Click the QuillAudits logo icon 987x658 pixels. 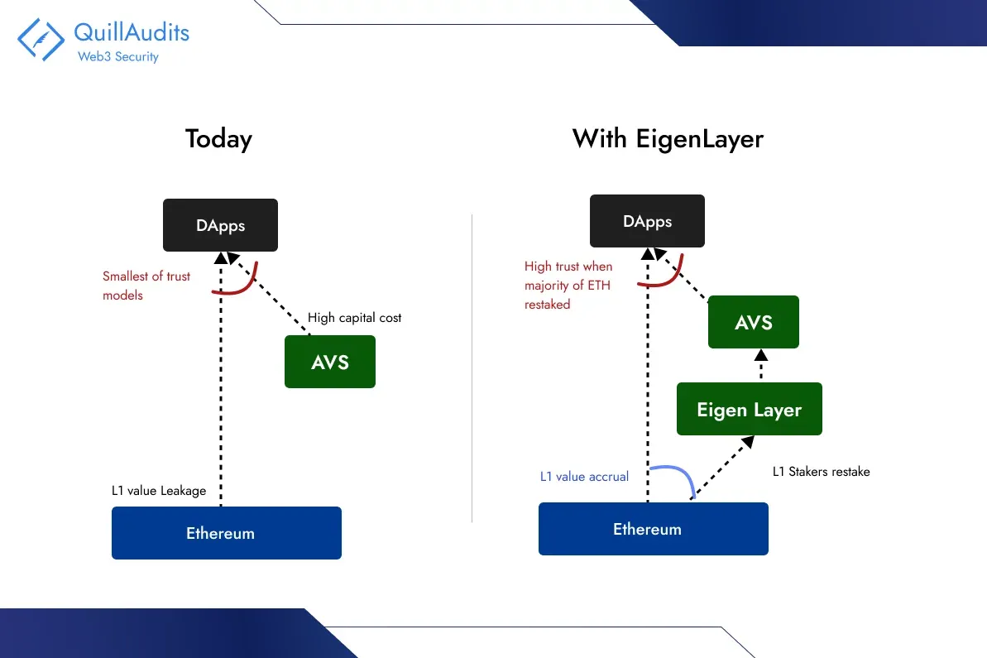coord(41,40)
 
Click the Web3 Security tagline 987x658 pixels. coord(117,57)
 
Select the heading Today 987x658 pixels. coord(218,138)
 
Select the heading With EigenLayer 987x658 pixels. coord(668,138)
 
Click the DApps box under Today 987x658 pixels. coord(221,225)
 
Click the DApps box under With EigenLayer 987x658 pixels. coord(647,221)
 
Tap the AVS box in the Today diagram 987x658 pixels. coord(330,362)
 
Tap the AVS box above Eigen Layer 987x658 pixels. coord(753,322)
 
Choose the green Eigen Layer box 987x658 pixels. coord(749,409)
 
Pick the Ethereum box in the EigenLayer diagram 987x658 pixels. coord(653,529)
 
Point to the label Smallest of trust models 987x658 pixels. coord(146,286)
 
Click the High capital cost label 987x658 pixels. coord(354,318)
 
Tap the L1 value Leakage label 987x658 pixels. coord(159,491)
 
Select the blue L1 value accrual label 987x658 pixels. coord(584,477)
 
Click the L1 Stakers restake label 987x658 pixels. coord(821,472)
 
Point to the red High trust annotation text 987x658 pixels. coord(568,286)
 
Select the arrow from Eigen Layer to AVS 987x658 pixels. coord(760,366)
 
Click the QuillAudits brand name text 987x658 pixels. coord(132,32)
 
